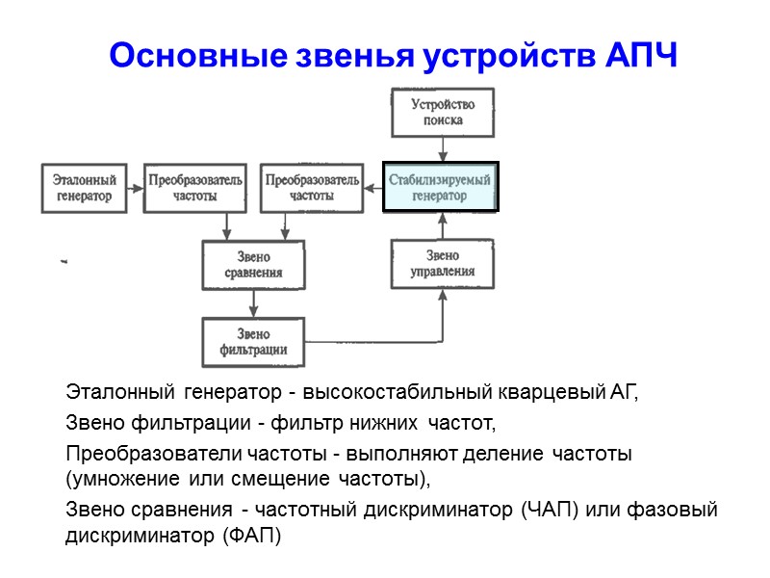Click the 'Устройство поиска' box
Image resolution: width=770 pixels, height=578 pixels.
[x=442, y=112]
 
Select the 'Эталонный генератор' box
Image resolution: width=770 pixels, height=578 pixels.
[x=84, y=188]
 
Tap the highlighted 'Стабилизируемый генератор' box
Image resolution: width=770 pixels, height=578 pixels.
[x=441, y=187]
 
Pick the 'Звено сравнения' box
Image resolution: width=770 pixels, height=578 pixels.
[x=253, y=264]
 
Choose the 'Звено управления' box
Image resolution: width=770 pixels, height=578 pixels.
[x=442, y=263]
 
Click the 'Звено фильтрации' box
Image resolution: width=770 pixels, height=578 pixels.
[x=253, y=340]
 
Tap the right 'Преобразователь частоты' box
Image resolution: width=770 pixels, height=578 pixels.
[x=312, y=188]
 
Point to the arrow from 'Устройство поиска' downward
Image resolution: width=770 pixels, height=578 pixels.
[x=442, y=148]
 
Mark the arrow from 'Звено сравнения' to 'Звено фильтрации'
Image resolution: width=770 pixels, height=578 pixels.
[x=253, y=302]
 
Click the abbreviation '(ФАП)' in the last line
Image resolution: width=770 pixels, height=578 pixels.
[x=252, y=537]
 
